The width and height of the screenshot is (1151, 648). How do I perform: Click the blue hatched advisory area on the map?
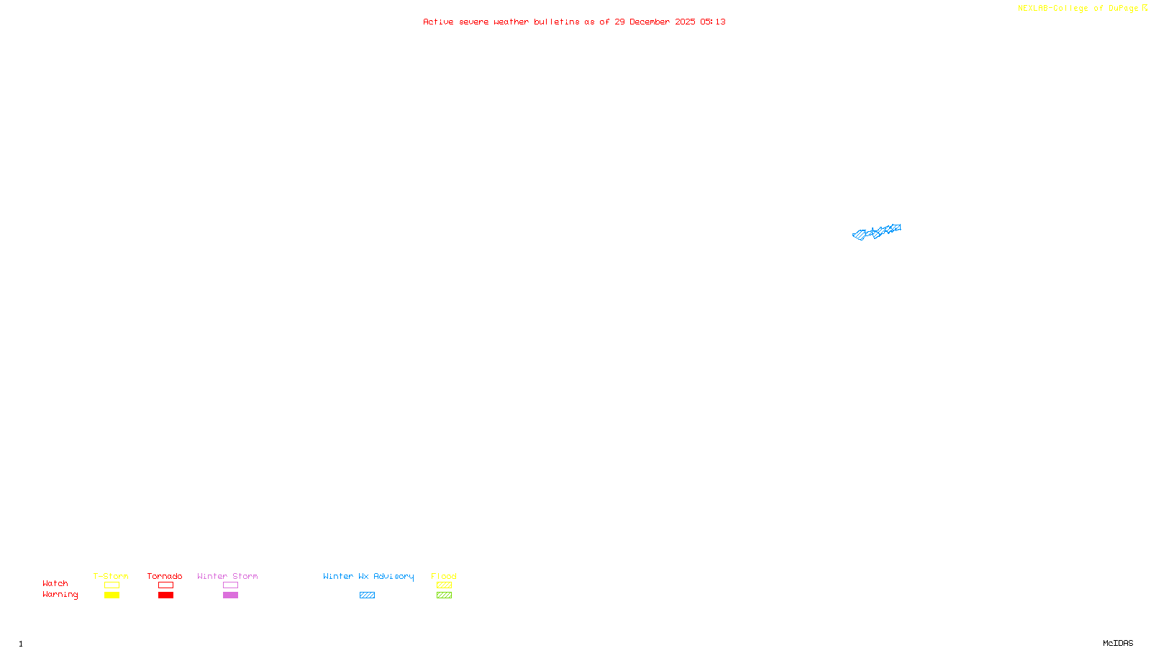[x=877, y=232]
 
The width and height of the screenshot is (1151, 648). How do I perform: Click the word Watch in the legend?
[x=55, y=583]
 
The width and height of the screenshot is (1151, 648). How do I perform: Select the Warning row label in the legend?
[x=60, y=595]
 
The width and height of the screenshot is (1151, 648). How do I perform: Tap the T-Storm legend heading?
[x=111, y=576]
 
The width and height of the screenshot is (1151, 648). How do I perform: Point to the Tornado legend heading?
[x=165, y=576]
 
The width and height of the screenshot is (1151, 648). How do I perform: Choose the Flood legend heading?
[x=444, y=576]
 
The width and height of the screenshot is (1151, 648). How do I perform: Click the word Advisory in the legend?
[x=393, y=576]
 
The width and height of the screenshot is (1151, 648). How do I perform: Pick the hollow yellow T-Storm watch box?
[x=112, y=585]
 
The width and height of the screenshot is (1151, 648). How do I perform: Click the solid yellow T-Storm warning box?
[x=112, y=595]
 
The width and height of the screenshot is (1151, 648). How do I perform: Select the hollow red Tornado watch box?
[x=165, y=585]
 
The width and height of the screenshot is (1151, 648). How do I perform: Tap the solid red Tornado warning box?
[x=165, y=595]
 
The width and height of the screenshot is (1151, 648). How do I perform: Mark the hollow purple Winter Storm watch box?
[x=230, y=585]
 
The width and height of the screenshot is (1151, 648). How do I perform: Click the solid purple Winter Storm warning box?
[x=230, y=595]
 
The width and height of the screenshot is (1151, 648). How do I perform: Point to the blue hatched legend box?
[x=367, y=595]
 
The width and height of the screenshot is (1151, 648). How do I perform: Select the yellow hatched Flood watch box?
[x=444, y=585]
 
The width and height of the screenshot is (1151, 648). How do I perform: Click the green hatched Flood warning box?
[x=444, y=595]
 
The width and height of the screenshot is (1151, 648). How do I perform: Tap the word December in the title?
[x=650, y=22]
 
